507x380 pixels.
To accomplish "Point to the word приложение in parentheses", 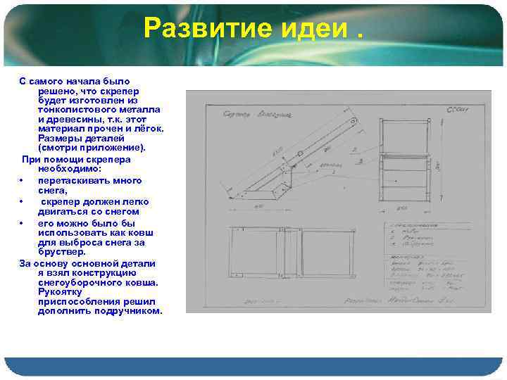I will coord(113,148).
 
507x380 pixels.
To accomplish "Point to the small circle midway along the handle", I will coord(299,153).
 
